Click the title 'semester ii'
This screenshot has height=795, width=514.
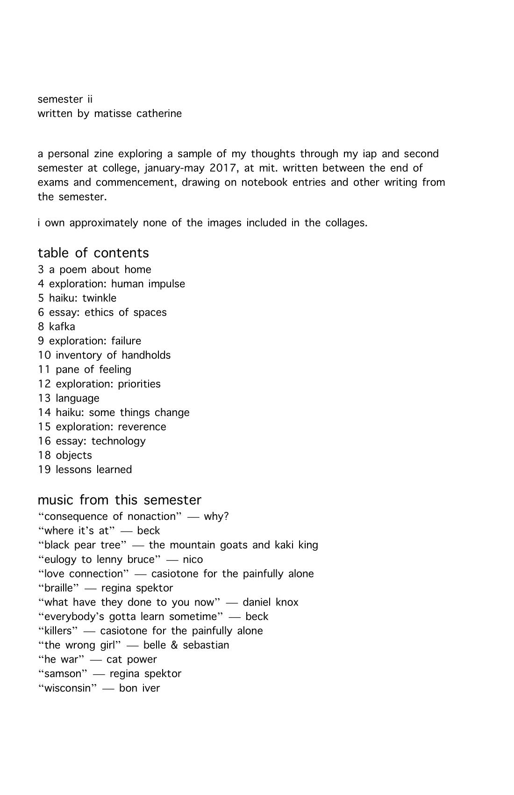(x=65, y=99)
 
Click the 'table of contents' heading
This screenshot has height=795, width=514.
(x=93, y=253)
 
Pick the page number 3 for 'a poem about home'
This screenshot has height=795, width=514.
(x=41, y=270)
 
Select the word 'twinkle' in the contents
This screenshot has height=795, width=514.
(x=100, y=299)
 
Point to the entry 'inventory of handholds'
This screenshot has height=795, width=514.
(x=113, y=356)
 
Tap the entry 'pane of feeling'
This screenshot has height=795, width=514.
(x=93, y=370)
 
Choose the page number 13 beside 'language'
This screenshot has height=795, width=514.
(x=44, y=399)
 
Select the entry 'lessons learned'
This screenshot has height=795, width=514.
(x=93, y=470)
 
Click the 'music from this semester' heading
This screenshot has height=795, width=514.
(x=119, y=500)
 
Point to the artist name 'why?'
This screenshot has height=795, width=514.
(x=216, y=517)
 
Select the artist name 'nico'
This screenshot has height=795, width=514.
(x=193, y=560)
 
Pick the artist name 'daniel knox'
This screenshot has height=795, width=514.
(x=270, y=603)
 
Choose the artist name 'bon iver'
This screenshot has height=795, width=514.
(x=139, y=688)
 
